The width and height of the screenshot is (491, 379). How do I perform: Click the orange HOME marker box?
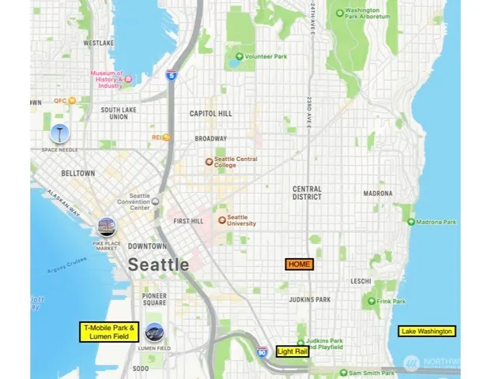point(300,264)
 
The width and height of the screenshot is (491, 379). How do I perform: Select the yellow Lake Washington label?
point(427,331)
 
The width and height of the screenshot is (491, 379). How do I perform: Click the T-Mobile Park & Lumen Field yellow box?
point(109,332)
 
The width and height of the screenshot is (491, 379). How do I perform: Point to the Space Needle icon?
point(59,133)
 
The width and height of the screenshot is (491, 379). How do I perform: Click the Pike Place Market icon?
point(105,228)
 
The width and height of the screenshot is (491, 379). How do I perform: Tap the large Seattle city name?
point(159,265)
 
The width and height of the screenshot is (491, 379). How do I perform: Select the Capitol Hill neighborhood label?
point(211,114)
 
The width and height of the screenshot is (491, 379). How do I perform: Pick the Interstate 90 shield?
point(262,352)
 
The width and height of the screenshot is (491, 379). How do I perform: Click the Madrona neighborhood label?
point(377,193)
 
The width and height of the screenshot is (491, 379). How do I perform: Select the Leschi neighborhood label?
point(361,281)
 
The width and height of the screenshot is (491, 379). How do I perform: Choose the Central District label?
point(307,193)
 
